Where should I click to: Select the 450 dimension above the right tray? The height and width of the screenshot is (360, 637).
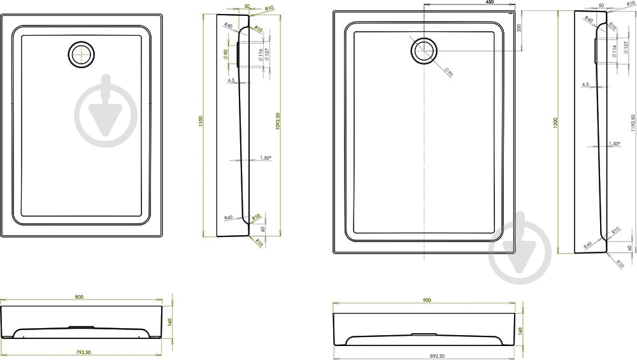[489, 3]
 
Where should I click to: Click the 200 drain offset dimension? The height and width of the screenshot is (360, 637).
[519, 28]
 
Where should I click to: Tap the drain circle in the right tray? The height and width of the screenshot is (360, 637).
[424, 51]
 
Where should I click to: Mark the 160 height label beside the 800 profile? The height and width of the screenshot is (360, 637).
[170, 322]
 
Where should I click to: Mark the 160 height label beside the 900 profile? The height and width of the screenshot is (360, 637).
[520, 331]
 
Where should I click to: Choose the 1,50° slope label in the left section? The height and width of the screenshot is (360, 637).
[266, 157]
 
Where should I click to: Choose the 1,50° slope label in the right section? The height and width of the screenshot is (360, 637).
[614, 144]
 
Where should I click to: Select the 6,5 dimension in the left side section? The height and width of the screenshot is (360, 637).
[231, 80]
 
